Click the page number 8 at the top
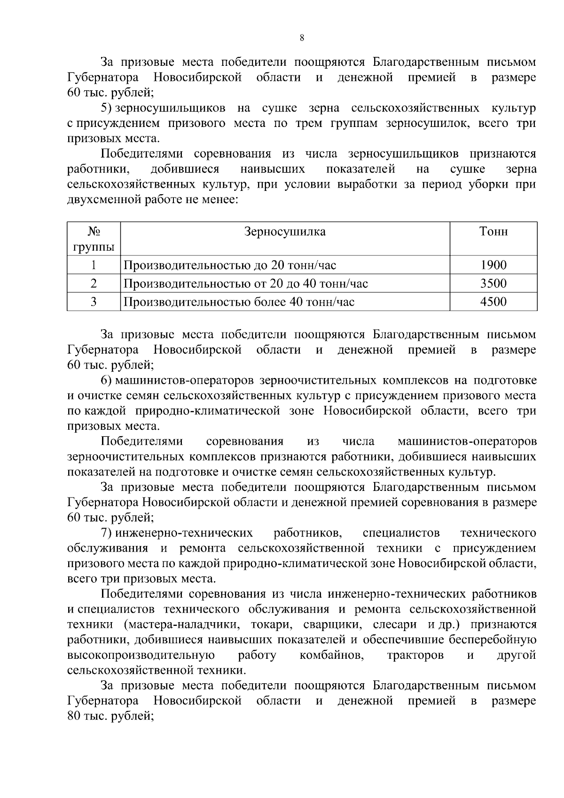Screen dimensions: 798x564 pos(302,39)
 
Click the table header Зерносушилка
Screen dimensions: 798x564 pos(285,232)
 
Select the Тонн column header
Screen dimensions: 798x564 pos(493,232)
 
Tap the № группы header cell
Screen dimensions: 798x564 pos(94,239)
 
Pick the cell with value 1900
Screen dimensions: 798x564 pos(493,265)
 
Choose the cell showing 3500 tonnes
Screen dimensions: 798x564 pos(493,284)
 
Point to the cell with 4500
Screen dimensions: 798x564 pos(493,301)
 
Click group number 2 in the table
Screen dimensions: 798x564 pos(94,284)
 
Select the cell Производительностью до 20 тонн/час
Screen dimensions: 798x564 pos(230,265)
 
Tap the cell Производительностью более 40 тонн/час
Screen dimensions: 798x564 pos(239,301)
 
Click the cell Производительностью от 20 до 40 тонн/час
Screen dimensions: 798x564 pos(245,284)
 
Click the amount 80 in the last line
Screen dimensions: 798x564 pos(74,716)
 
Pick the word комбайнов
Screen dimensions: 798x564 pos(332,655)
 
